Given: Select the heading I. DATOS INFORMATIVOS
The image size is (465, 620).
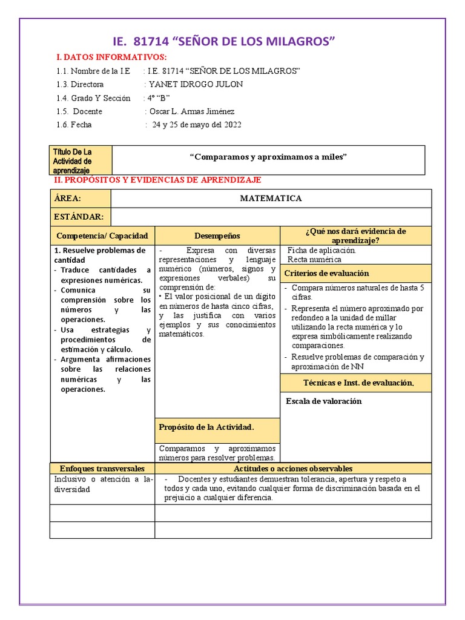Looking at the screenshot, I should tap(111, 57).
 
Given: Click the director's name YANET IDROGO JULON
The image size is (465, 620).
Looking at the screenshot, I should tap(196, 85).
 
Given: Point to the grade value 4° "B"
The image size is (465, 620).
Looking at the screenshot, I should tap(157, 98).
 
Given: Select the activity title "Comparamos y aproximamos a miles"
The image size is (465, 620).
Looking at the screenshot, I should tap(269, 157).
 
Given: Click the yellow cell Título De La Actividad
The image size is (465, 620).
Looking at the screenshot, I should tap(81, 160).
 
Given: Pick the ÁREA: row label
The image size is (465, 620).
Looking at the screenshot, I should tap(67, 198).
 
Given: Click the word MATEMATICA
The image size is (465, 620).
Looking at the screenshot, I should tap(271, 198).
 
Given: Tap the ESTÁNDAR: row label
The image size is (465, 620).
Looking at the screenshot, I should tap(79, 217).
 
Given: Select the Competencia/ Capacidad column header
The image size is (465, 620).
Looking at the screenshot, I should tap(101, 236).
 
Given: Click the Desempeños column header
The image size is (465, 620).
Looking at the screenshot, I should tap(217, 236).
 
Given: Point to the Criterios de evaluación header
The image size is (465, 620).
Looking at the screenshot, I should tap(326, 273).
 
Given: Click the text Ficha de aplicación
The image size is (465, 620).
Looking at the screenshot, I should tap(322, 249).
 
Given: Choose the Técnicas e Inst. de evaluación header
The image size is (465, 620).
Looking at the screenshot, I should tap(358, 383).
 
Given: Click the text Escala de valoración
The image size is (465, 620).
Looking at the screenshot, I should tap(323, 401).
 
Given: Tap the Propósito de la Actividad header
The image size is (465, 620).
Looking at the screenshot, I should tap(206, 427).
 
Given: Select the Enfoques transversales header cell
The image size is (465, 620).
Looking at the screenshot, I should tap(102, 469).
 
